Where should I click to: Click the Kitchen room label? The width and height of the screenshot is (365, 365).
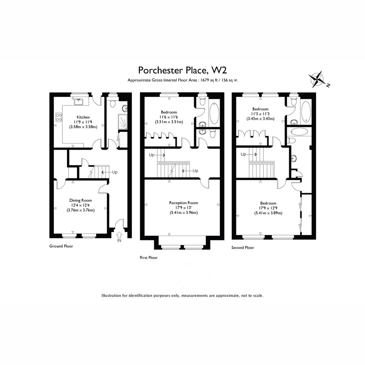pyautogui.click(x=83, y=117)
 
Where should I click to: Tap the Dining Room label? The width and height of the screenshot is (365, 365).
pyautogui.click(x=81, y=200)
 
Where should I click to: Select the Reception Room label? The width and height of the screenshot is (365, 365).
pyautogui.click(x=183, y=203)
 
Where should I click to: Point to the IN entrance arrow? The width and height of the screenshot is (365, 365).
pyautogui.click(x=119, y=235)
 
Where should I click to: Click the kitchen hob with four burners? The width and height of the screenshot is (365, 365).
pyautogui.click(x=58, y=117)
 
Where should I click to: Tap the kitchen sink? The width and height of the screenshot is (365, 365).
pyautogui.click(x=79, y=102)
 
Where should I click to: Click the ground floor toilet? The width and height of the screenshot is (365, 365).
pyautogui.click(x=113, y=103)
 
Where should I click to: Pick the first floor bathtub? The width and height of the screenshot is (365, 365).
pyautogui.click(x=214, y=113)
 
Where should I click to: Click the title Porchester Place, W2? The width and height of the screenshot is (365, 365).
pyautogui.click(x=182, y=70)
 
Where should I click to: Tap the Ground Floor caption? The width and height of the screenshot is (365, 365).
pyautogui.click(x=61, y=246)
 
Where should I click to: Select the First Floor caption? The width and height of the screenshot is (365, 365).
pyautogui.click(x=149, y=258)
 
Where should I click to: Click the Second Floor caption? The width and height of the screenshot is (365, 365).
pyautogui.click(x=243, y=248)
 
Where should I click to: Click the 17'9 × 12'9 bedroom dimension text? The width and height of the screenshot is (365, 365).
pyautogui.click(x=268, y=208)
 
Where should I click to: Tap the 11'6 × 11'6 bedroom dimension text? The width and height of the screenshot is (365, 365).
pyautogui.click(x=169, y=117)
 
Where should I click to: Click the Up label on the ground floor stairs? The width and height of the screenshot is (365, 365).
pyautogui.click(x=115, y=172)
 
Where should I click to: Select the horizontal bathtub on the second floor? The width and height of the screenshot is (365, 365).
pyautogui.click(x=299, y=132)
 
